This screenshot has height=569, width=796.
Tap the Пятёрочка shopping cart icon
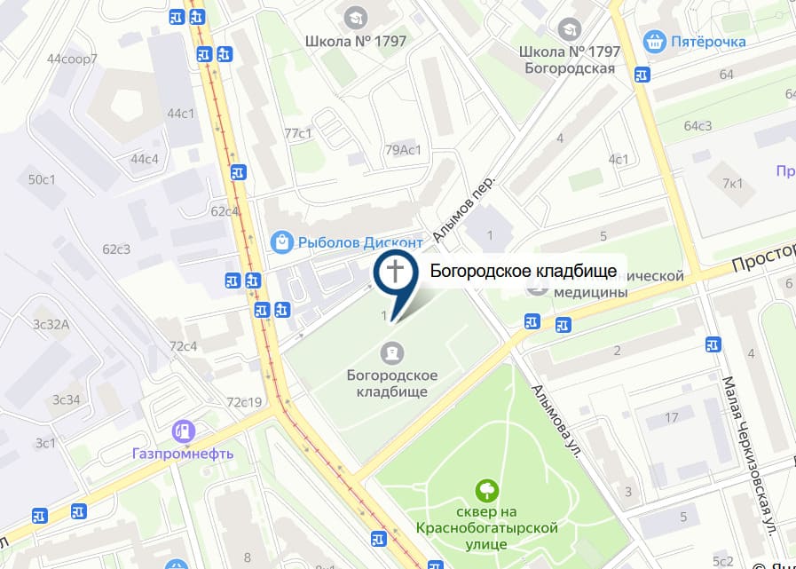[655, 40]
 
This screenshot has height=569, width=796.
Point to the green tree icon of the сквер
[486, 489]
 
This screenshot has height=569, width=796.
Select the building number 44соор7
[72, 59]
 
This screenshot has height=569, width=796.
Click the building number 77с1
[298, 133]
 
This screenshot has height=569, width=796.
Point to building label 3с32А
[51, 324]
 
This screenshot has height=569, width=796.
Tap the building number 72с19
[244, 402]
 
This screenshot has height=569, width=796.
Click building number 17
[671, 417]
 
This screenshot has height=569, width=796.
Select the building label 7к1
[732, 184]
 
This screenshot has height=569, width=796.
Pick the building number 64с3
[697, 125]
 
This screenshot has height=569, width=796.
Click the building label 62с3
[116, 249]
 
